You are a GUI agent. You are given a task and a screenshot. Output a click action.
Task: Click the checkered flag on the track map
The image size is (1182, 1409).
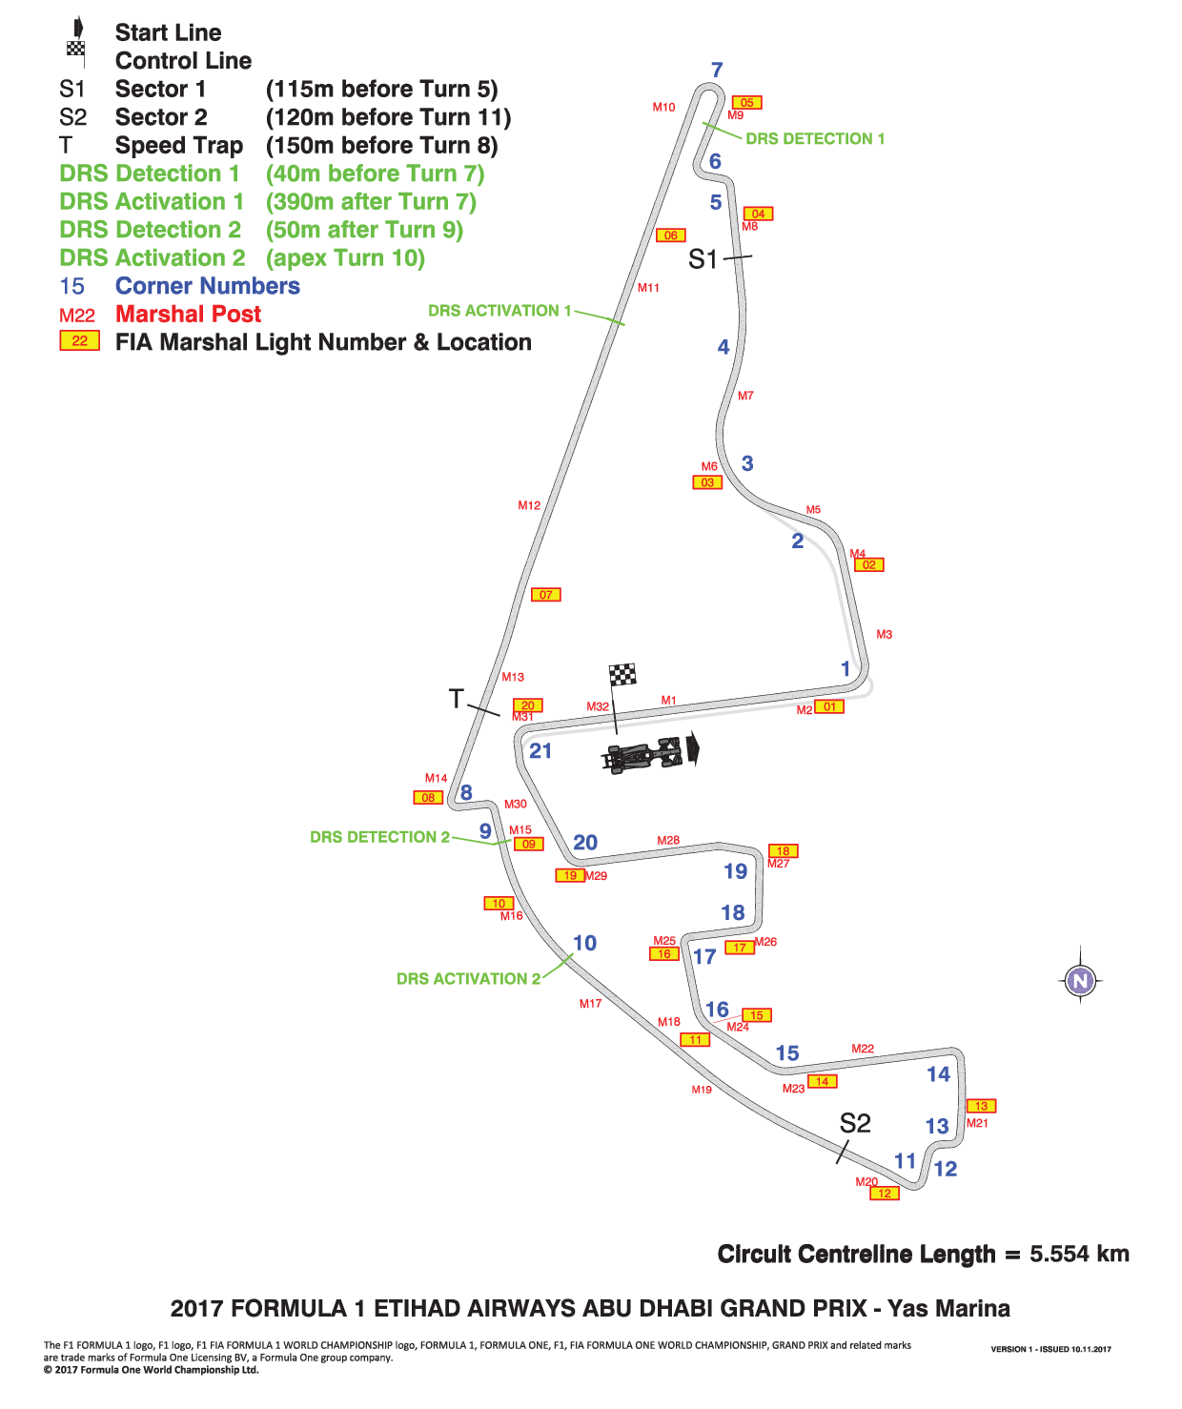pyautogui.click(x=622, y=674)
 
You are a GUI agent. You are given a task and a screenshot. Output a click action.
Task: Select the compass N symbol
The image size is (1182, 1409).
pyautogui.click(x=1080, y=981)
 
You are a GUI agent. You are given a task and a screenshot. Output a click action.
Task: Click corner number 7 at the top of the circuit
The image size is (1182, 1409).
pyautogui.click(x=717, y=70)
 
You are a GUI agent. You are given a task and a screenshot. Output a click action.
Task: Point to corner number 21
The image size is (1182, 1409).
pyautogui.click(x=540, y=750)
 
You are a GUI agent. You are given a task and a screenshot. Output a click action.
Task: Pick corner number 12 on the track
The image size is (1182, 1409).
pyautogui.click(x=946, y=1169)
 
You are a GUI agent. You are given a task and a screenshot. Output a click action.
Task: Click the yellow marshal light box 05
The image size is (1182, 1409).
pyautogui.click(x=746, y=103)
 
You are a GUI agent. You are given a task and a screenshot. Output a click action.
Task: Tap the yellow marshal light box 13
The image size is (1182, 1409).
pyautogui.click(x=981, y=1106)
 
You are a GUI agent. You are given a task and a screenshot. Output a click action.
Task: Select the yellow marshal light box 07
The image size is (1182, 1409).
pyautogui.click(x=546, y=595)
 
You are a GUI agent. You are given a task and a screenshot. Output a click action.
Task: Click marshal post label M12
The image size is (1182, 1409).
pyautogui.click(x=529, y=505)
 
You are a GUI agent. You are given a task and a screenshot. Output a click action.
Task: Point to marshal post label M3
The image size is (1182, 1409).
pyautogui.click(x=884, y=634)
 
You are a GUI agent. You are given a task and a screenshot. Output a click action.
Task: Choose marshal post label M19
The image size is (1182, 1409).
pyautogui.click(x=701, y=1089)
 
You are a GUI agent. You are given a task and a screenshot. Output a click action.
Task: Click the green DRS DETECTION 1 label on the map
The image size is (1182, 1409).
pyautogui.click(x=815, y=138)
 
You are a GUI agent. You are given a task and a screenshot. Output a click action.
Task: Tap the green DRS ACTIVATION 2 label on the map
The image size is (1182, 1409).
pyautogui.click(x=468, y=978)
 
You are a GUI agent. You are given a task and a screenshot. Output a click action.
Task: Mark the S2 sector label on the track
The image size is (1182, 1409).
pyautogui.click(x=855, y=1123)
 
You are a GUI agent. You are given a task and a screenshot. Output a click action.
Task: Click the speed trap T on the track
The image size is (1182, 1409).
pyautogui.click(x=456, y=699)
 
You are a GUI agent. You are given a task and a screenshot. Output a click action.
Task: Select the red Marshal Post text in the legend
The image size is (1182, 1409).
pyautogui.click(x=188, y=314)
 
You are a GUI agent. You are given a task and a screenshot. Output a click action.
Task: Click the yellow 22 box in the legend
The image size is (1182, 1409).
pyautogui.click(x=80, y=340)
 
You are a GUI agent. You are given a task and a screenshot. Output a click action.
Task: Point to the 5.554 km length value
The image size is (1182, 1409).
pyautogui.click(x=1079, y=1254)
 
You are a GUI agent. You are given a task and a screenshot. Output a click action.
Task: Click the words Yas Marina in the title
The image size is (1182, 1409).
pyautogui.click(x=948, y=1309)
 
